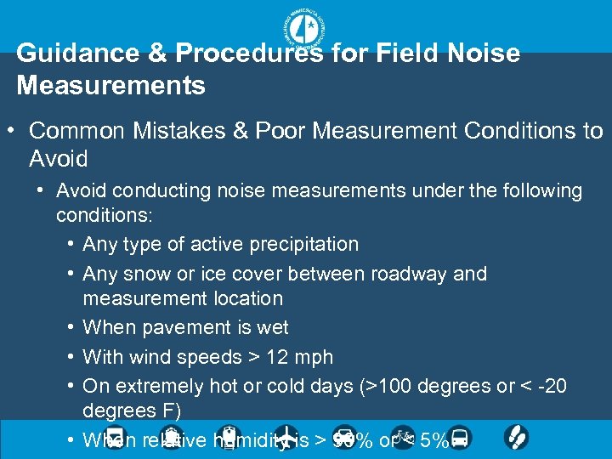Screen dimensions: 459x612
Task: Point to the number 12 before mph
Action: point(274,357)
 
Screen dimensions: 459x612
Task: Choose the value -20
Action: point(552,386)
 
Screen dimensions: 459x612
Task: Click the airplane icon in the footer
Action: point(287,438)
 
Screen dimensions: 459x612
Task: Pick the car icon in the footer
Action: point(343,438)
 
